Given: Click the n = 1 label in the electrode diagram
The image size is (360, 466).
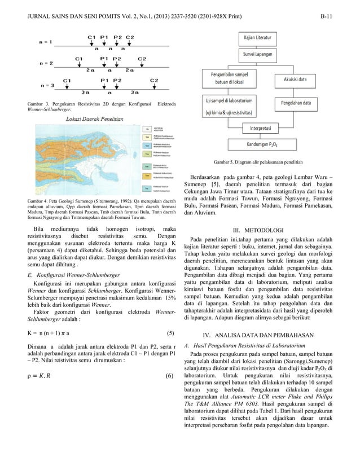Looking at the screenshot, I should [x=46, y=42].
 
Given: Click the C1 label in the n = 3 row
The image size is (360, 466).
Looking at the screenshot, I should [x=67, y=80].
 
